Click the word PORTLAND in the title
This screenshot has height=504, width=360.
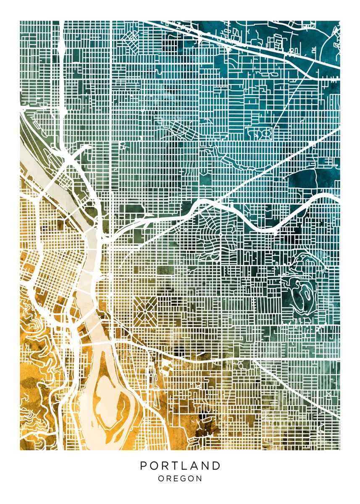click(x=180, y=466)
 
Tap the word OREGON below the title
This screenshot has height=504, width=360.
click(x=180, y=478)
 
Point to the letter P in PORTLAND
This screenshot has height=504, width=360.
click(x=143, y=466)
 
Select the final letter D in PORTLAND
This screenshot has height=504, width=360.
click(x=216, y=466)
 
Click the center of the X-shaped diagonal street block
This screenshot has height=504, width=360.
click(x=146, y=310)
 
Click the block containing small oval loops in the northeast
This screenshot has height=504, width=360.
click(x=260, y=134)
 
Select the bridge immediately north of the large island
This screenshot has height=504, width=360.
click(x=101, y=343)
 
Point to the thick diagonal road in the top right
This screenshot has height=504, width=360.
click(x=252, y=42)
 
